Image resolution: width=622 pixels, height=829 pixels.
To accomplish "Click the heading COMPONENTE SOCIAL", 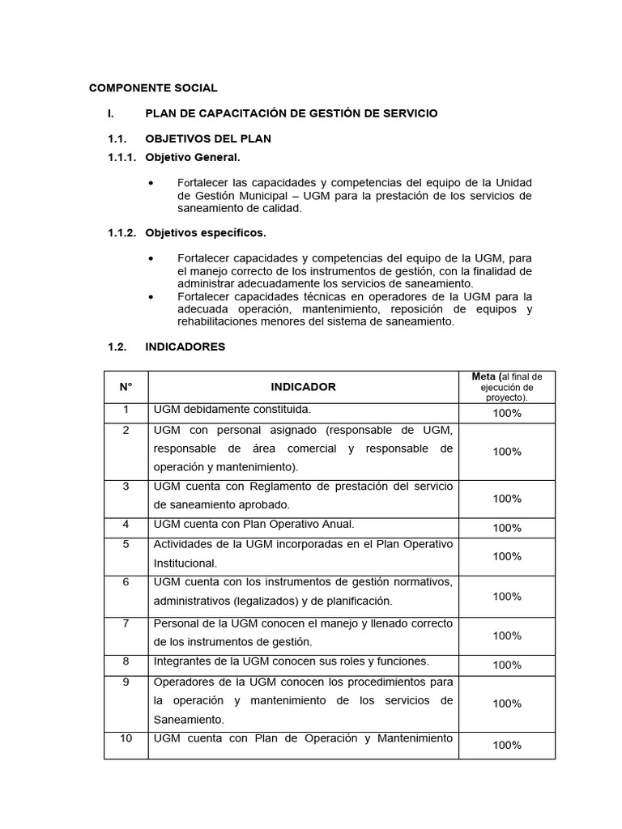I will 153,88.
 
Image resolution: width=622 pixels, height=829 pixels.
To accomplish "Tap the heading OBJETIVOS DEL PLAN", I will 208,138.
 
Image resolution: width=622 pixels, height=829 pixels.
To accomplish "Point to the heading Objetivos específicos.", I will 206,233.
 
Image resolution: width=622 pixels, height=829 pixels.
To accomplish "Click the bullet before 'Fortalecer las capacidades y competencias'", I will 151,183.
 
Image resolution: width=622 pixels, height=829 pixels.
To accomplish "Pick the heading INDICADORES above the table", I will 185,346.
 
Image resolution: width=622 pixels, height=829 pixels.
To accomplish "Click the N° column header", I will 126,387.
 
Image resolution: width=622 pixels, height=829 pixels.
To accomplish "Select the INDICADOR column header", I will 303,387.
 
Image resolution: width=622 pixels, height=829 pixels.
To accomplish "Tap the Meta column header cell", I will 507,387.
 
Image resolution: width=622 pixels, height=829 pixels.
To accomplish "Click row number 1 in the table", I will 126,410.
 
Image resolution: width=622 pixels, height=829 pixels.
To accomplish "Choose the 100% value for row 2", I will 507,452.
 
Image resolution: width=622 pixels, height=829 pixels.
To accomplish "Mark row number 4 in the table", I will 126,524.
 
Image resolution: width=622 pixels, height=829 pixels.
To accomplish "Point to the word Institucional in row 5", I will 185,563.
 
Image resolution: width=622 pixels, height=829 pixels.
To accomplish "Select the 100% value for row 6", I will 507,597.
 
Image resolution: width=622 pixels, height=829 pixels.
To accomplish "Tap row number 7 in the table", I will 126,623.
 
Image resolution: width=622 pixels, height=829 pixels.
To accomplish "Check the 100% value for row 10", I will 507,745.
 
